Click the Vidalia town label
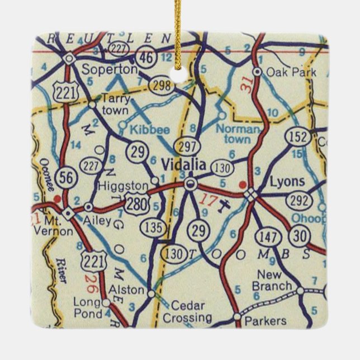pos(183,164)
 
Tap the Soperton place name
pos(109,70)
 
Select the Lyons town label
pos(287,182)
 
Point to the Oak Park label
pos(291,72)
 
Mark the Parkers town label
pos(268,320)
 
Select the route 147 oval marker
pos(268,238)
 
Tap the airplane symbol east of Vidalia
pos(225,206)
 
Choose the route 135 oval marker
pos(154,228)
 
